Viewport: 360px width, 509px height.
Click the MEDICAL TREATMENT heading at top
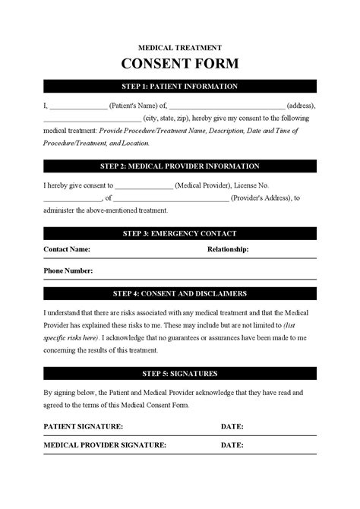point(180,47)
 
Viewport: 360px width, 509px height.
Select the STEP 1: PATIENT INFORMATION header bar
point(180,87)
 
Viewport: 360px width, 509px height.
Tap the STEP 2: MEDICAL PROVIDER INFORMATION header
point(180,166)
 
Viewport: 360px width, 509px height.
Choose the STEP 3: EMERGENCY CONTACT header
point(180,233)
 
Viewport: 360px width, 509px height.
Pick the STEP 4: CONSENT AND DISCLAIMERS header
point(180,293)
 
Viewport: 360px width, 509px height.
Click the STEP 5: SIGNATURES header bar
point(180,373)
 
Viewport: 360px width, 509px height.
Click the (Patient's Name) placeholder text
point(134,106)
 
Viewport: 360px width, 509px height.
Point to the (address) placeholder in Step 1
point(302,106)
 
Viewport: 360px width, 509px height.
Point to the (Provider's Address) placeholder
point(261,198)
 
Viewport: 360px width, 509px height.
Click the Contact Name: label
point(67,249)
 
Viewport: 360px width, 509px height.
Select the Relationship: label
point(228,249)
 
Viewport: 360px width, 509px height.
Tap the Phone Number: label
point(68,270)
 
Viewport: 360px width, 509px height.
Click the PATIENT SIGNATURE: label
point(84,426)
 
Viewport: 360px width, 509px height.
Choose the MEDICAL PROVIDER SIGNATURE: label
point(105,444)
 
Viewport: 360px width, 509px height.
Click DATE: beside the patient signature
point(232,426)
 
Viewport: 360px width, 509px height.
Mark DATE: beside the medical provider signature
point(232,444)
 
